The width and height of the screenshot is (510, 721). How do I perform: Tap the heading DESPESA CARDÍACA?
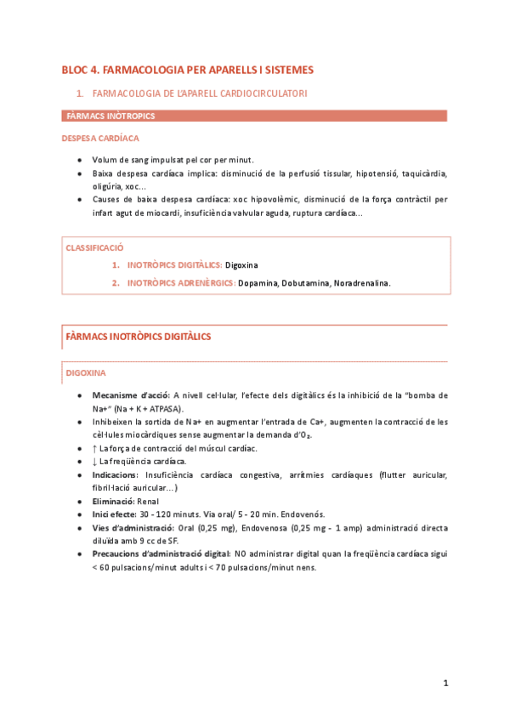coord(101,138)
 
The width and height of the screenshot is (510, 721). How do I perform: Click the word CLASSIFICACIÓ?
coord(94,247)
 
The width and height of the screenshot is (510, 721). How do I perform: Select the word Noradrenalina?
coord(361,283)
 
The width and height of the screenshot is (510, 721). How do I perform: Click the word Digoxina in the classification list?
coord(241,265)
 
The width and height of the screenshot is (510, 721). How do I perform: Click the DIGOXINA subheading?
coord(86,373)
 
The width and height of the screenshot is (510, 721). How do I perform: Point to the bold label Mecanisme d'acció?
coord(131,395)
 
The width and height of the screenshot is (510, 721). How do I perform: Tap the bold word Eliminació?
coord(115,501)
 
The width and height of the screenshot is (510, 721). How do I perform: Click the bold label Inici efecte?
coord(119,514)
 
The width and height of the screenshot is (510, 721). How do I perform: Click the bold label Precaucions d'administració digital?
coord(160,554)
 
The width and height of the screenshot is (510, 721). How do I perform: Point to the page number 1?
coord(445,683)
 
